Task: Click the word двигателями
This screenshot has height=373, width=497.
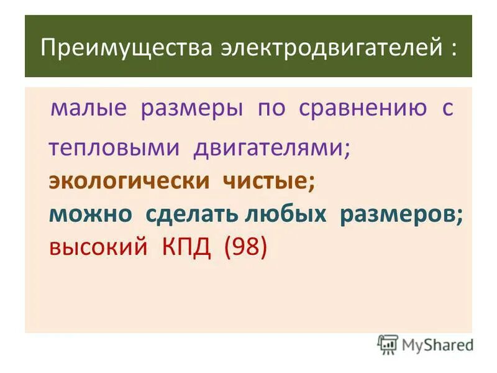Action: click(271, 148)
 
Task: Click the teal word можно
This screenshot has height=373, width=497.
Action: click(91, 214)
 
